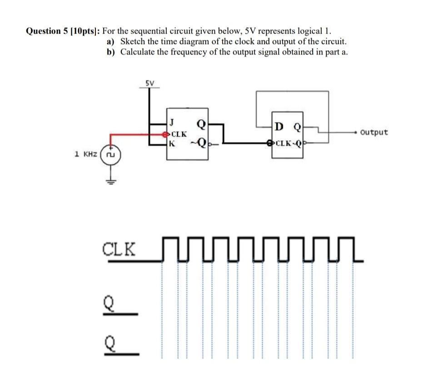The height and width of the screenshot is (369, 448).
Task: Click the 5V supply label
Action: [150, 83]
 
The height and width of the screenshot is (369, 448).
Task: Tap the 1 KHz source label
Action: [85, 155]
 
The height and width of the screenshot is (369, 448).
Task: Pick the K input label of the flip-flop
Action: [171, 144]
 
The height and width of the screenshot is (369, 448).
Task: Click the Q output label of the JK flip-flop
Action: [200, 123]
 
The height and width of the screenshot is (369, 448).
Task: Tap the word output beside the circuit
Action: [373, 132]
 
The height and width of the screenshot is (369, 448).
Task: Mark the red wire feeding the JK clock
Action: [136, 135]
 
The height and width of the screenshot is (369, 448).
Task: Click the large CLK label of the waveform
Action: [119, 249]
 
